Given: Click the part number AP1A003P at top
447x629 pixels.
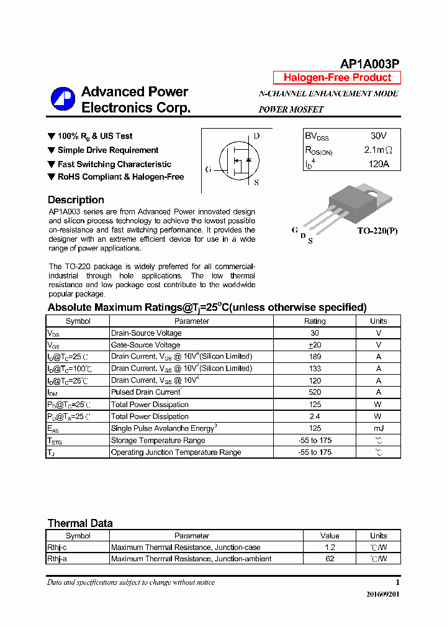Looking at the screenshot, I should [369, 63].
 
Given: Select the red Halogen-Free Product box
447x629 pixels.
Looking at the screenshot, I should [337, 78].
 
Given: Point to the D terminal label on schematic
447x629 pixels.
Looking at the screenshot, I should [256, 136].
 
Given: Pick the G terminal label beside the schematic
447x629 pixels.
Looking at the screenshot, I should [209, 169].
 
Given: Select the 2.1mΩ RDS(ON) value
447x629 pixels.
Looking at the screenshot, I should [378, 150].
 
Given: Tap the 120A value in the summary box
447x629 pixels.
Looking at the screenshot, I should [378, 164].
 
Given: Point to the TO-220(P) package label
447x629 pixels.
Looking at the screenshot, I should [377, 231].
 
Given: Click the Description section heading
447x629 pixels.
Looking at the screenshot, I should [76, 200].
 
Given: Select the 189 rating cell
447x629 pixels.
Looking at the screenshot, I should [315, 357].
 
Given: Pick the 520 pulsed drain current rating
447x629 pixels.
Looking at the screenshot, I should [315, 392].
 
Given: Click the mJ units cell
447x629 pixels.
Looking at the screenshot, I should [378, 428].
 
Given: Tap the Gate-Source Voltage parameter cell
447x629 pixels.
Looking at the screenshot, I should [145, 345].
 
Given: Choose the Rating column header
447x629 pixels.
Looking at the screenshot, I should [315, 321].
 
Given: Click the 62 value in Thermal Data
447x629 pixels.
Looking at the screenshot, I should [330, 559].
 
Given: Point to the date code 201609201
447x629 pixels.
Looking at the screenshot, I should [383, 594].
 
